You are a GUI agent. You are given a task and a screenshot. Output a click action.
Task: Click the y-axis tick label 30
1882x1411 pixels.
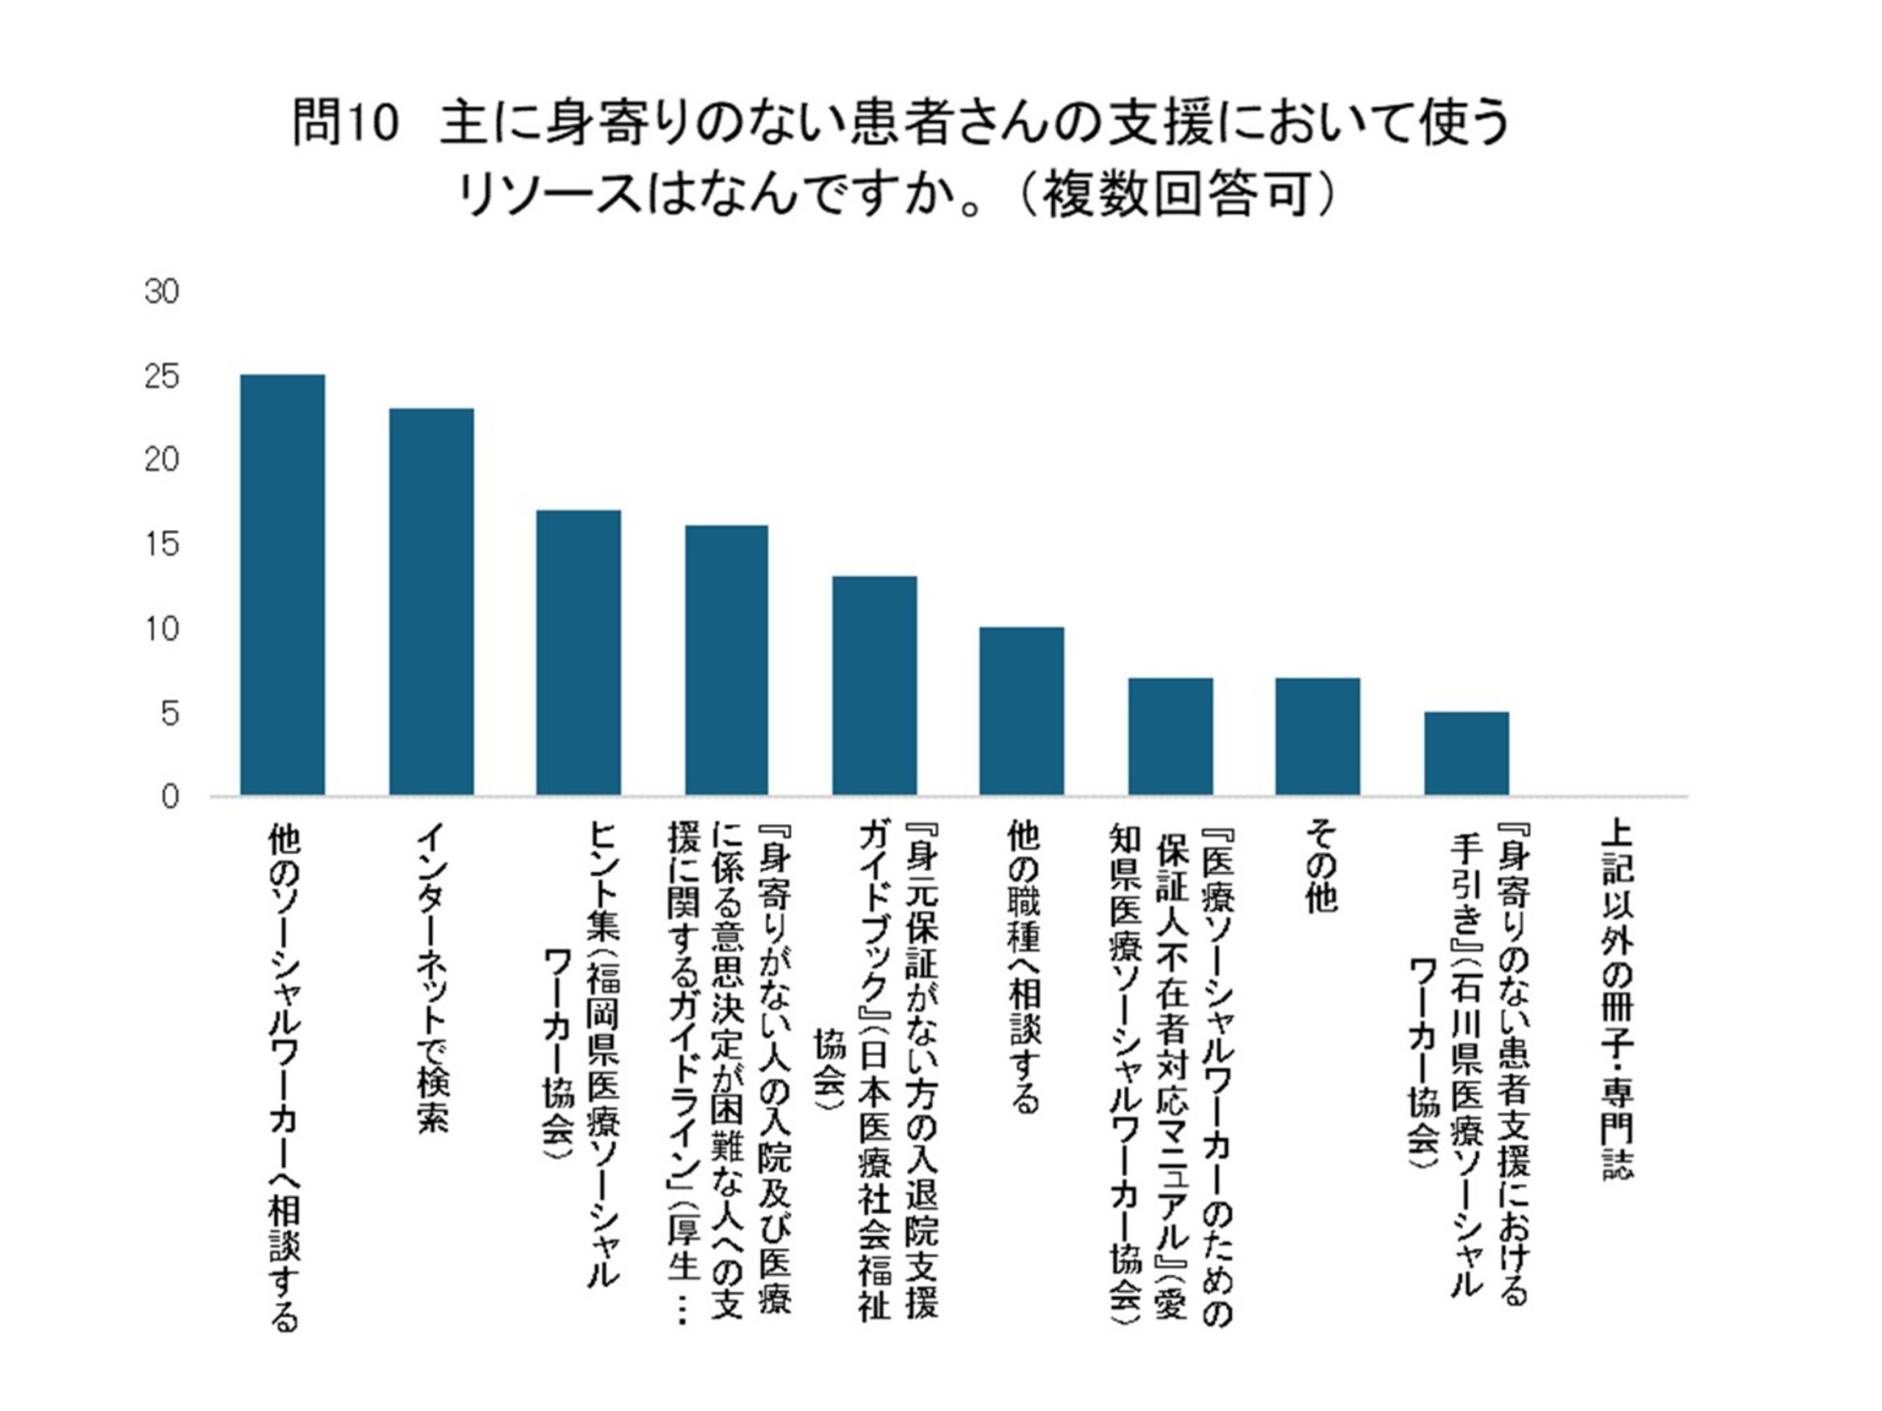tap(162, 292)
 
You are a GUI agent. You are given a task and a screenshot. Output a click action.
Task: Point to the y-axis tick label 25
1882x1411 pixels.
tap(162, 377)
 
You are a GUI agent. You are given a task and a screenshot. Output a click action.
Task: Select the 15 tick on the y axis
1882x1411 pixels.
tap(162, 545)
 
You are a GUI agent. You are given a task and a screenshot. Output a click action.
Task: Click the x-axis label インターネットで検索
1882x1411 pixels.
tap(432, 978)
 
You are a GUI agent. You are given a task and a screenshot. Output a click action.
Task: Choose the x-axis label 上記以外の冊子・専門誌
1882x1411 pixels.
tap(1615, 999)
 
